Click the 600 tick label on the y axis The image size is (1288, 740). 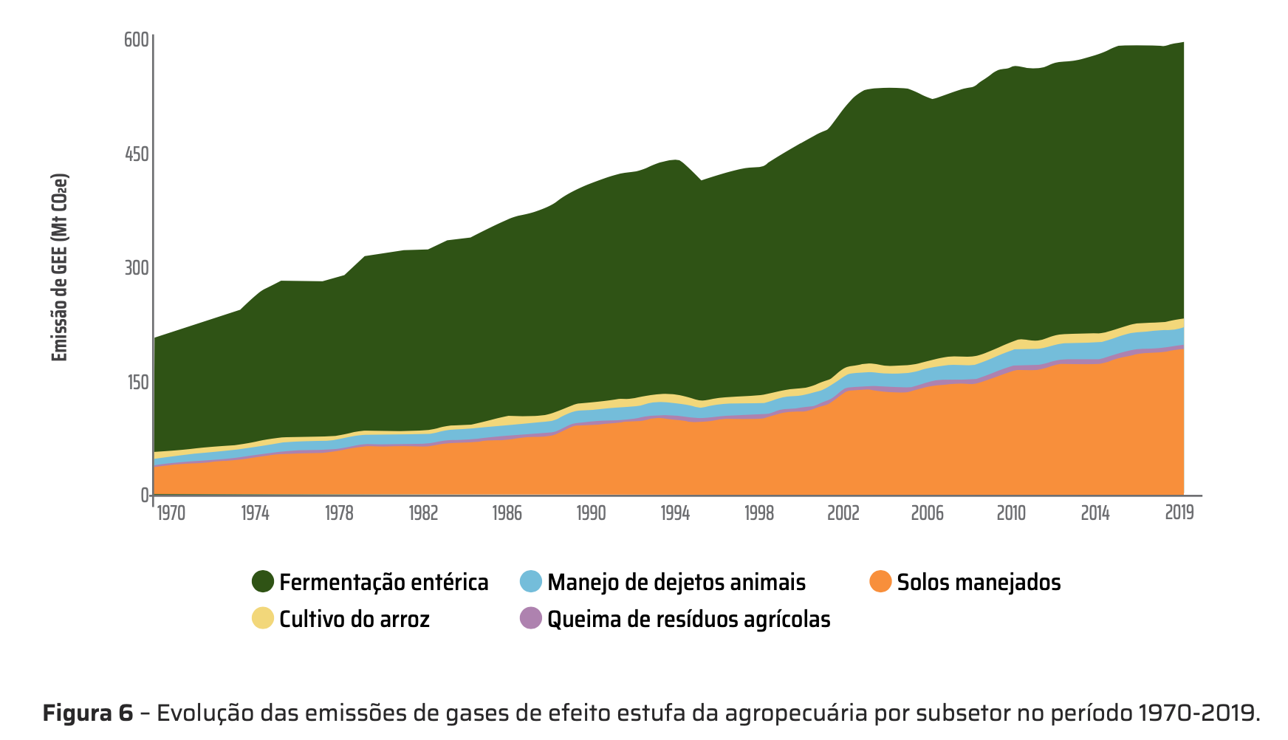coord(137,40)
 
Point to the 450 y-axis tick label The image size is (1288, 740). coord(137,154)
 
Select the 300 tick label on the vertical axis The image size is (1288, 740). coord(137,268)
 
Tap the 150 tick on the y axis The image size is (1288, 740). coord(137,383)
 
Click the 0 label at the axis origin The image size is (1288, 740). coord(145,496)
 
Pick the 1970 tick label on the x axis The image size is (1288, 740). coord(171,513)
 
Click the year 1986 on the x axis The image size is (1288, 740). coord(507,513)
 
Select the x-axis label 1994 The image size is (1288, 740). coord(675,513)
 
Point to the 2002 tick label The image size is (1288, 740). coord(843,513)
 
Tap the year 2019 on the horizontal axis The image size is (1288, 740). coord(1179,513)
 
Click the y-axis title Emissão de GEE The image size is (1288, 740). coord(60,268)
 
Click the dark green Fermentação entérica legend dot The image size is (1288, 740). coord(263,582)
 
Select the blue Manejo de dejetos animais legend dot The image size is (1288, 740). coord(531,582)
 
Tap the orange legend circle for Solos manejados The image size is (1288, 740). coord(880,582)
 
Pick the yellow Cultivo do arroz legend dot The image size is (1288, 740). coord(263,618)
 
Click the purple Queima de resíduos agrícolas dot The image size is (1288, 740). coord(531,618)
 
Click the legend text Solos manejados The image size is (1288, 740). coord(979,583)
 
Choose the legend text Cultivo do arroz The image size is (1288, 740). coord(354,619)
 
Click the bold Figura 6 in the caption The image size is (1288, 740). coord(88,713)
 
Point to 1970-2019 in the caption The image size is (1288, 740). coord(1197,713)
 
